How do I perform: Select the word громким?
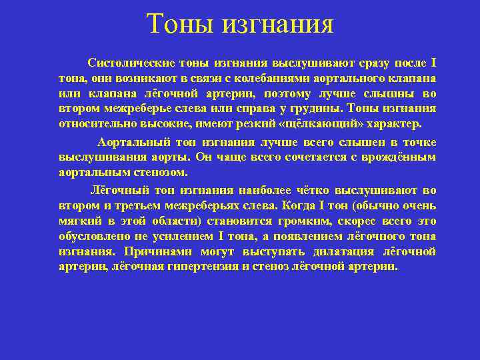322,220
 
